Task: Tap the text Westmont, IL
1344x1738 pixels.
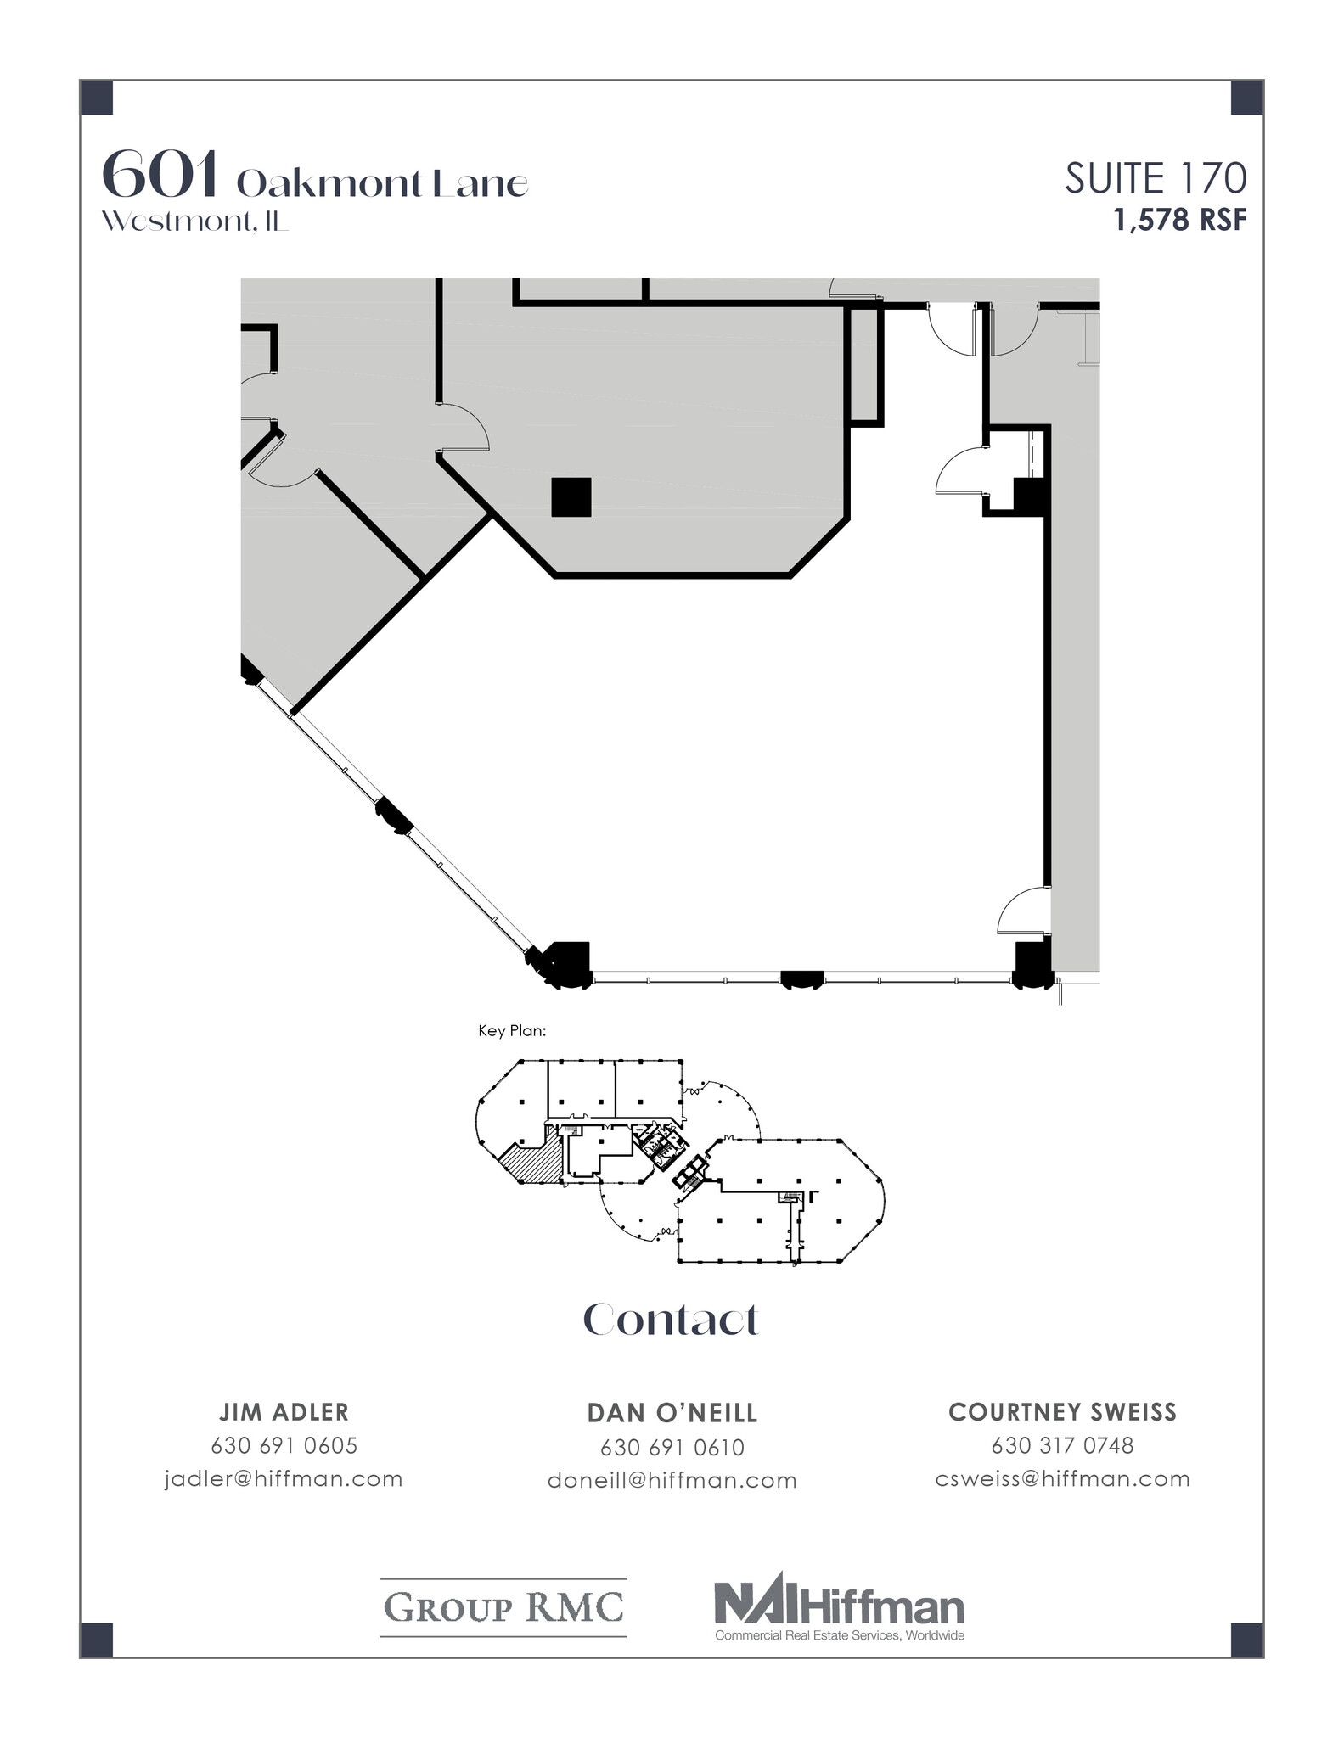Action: (194, 221)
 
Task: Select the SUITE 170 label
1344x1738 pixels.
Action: (1156, 179)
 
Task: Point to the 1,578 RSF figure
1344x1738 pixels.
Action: (1180, 221)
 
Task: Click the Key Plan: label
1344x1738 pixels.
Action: (512, 1031)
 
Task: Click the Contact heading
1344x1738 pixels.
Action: (670, 1320)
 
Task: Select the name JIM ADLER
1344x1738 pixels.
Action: (284, 1412)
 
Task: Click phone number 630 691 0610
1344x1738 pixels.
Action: (672, 1447)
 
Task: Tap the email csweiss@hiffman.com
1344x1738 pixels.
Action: (1062, 1478)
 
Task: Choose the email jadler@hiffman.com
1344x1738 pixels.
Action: (284, 1478)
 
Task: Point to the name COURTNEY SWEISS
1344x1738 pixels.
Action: (1062, 1412)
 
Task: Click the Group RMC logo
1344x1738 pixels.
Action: (503, 1607)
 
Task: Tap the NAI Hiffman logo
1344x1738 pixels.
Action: (839, 1609)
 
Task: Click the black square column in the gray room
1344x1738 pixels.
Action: (571, 497)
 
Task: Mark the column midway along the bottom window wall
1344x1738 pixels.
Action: (801, 979)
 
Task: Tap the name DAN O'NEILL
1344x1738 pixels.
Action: (672, 1413)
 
